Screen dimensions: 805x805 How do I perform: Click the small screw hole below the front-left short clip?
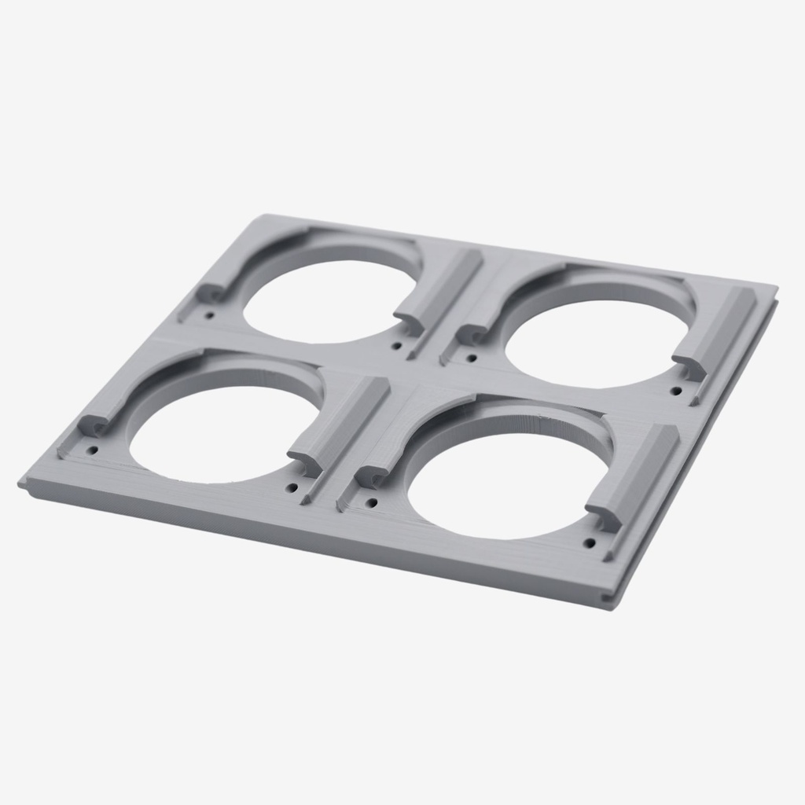93,450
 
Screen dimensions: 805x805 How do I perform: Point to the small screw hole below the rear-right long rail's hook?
675,391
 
